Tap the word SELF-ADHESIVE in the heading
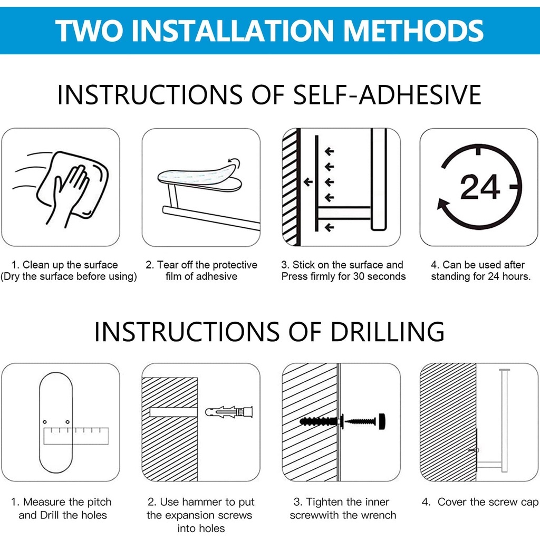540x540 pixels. coord(387,95)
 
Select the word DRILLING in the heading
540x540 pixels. coord(388,332)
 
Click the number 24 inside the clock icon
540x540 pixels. coord(480,187)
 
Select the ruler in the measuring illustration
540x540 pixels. coord(76,436)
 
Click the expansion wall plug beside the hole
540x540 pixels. coord(229,412)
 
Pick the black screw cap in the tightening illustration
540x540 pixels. coord(382,421)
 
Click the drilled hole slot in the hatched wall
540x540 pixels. coord(173,412)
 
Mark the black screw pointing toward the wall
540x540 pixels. coord(360,421)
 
